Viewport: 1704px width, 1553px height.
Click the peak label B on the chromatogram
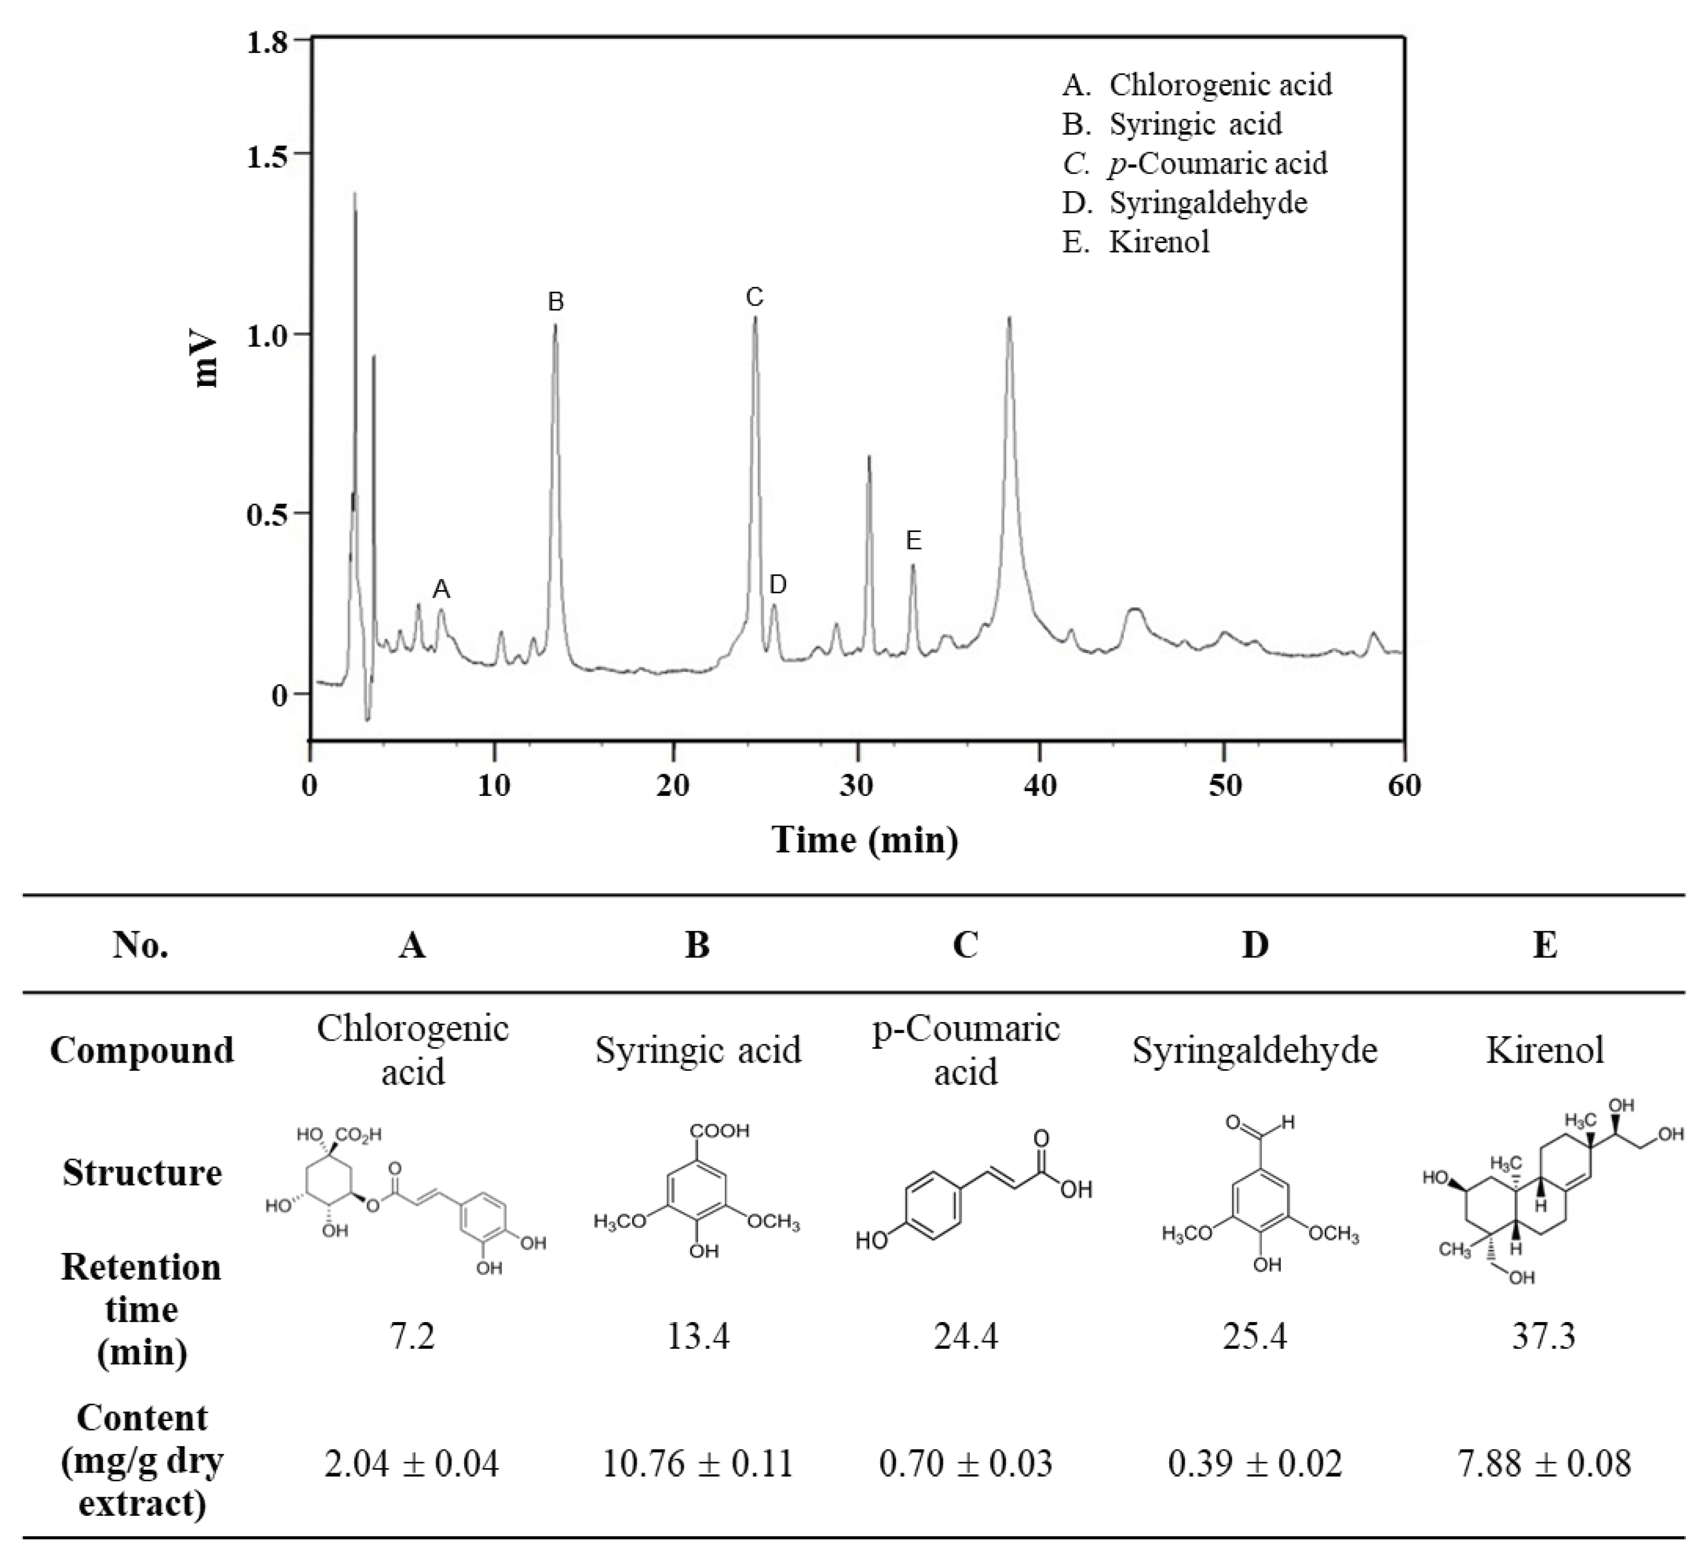pyautogui.click(x=556, y=302)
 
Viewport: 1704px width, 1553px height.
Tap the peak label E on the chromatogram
pyautogui.click(x=914, y=541)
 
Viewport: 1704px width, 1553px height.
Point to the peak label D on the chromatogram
pyautogui.click(x=778, y=584)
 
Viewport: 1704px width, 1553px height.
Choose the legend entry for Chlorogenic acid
pyautogui.click(x=1197, y=84)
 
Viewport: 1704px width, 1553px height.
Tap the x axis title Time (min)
pyautogui.click(x=865, y=840)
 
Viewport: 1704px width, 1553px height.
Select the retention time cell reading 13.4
pyautogui.click(x=697, y=1337)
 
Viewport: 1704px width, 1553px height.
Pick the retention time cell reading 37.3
pyautogui.click(x=1544, y=1337)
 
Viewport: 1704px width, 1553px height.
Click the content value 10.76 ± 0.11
pyautogui.click(x=697, y=1463)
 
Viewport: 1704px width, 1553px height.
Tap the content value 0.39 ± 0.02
pyautogui.click(x=1255, y=1463)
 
